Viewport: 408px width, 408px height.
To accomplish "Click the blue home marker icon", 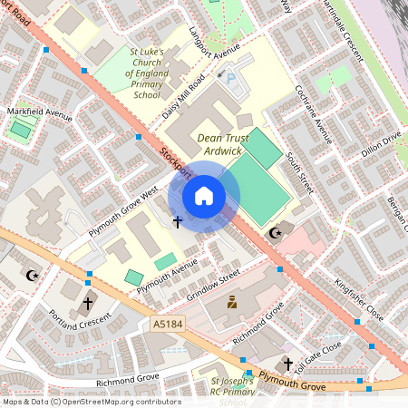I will (204, 195).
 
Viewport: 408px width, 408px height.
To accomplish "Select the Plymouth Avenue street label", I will (167, 277).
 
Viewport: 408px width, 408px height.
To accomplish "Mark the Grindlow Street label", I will (213, 283).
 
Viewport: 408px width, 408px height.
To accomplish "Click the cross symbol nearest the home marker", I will (177, 221).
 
